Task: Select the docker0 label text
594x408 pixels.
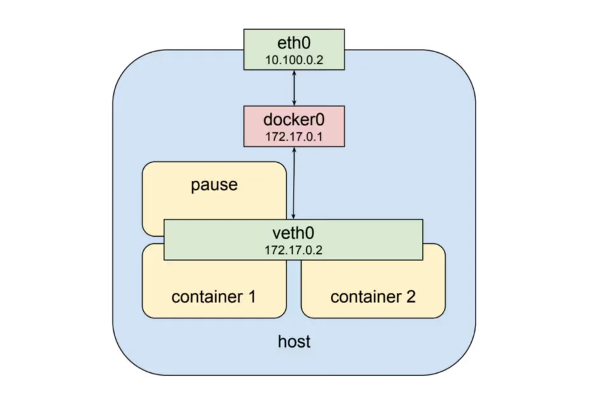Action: point(294,120)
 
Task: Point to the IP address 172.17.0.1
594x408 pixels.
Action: point(294,136)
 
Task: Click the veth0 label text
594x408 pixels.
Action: point(294,233)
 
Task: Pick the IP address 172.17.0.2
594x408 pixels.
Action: point(294,250)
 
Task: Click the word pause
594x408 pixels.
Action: point(214,185)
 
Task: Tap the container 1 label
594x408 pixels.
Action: point(214,296)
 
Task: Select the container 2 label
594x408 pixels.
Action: point(373,296)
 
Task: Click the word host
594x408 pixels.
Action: point(294,342)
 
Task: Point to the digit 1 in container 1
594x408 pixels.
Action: point(251,296)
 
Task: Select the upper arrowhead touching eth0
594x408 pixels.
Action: point(294,73)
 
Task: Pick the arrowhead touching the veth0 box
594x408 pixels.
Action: point(293,216)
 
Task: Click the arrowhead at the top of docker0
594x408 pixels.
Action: point(294,103)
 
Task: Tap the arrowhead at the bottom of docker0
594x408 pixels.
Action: point(293,150)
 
